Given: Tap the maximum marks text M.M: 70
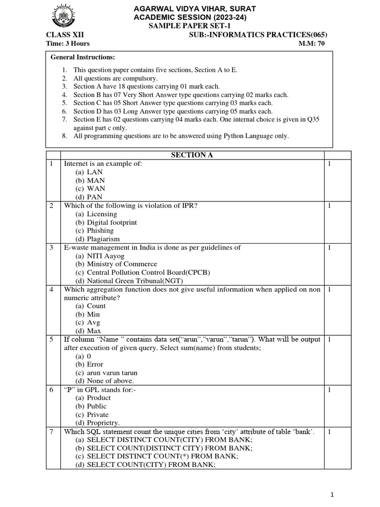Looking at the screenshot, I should [x=311, y=44].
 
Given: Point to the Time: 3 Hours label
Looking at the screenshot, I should [x=66, y=44].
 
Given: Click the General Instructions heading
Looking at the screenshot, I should [x=83, y=57].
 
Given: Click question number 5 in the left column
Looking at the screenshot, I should [x=51, y=340].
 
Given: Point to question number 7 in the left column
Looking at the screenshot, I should [x=51, y=432].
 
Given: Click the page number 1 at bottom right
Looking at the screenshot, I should [x=332, y=495].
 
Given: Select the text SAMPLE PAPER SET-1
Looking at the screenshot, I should [x=190, y=26].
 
